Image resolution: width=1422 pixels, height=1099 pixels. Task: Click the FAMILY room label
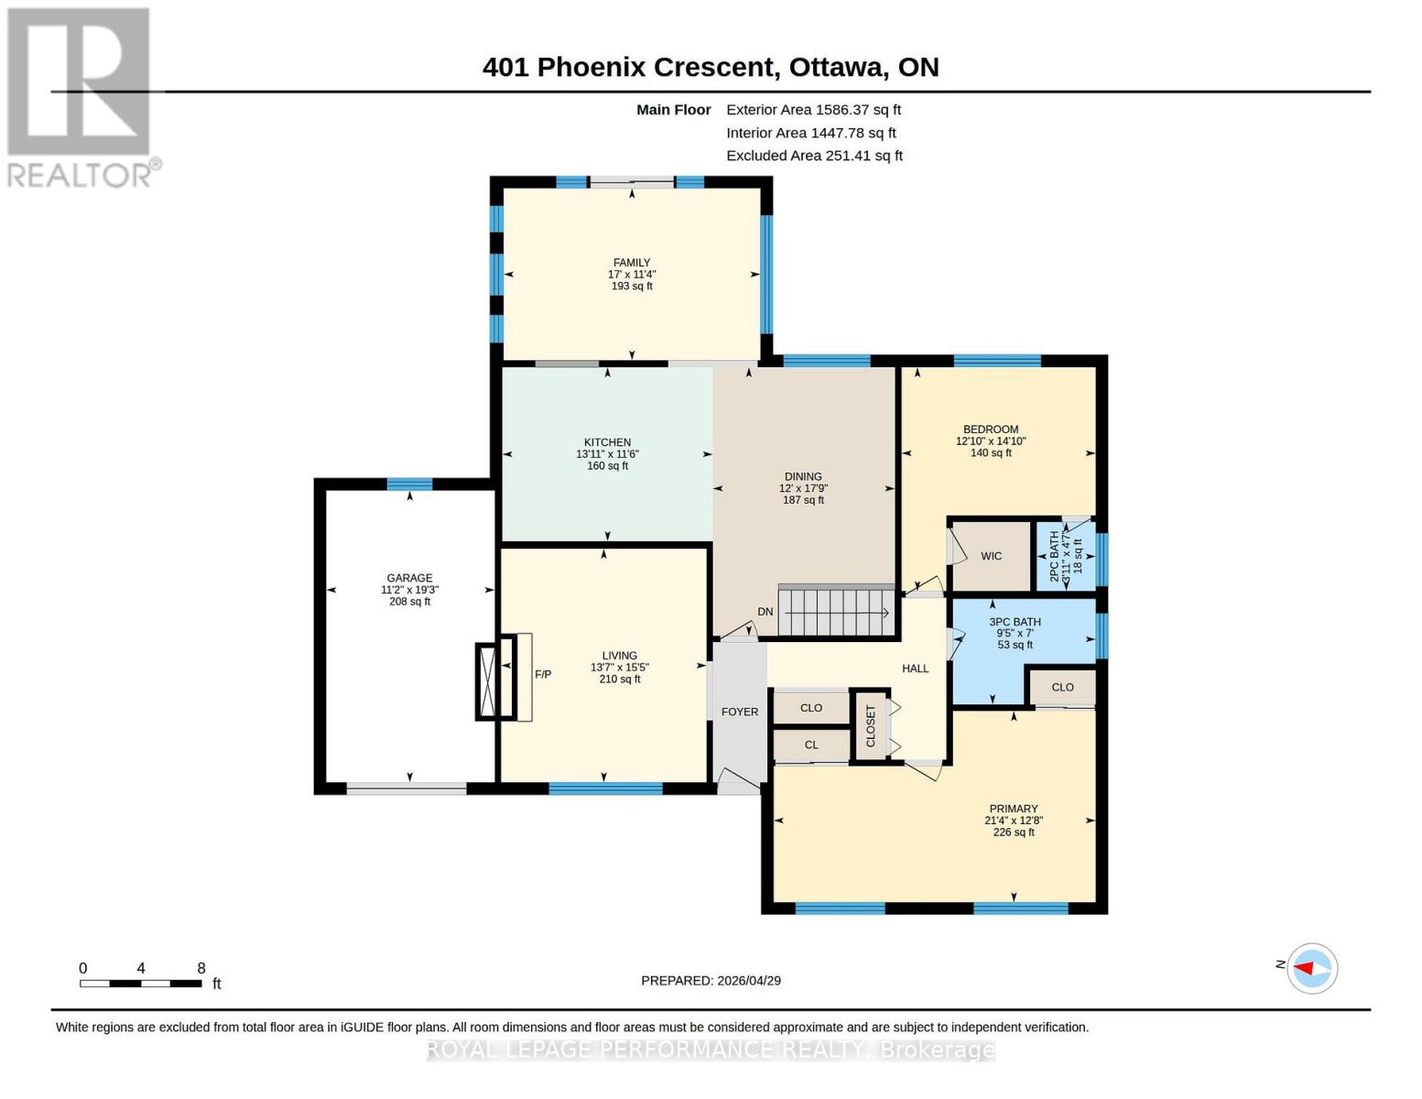click(632, 263)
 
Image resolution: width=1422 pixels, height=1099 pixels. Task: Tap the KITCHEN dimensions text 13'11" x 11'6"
click(607, 454)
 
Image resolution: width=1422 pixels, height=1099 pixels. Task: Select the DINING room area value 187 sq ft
click(803, 500)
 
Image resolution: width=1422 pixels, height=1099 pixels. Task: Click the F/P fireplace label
click(543, 675)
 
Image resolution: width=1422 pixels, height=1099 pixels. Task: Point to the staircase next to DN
click(835, 612)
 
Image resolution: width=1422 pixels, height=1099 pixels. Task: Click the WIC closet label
click(991, 556)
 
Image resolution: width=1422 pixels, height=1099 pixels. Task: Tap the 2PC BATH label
click(1055, 556)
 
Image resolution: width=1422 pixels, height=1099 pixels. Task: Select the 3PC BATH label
click(1015, 622)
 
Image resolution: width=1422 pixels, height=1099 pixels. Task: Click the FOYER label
click(740, 712)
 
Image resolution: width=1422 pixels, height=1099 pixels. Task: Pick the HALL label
click(915, 669)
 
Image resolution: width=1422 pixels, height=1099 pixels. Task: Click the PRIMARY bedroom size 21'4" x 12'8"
click(1013, 821)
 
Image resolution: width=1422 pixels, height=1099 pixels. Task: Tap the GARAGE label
click(409, 578)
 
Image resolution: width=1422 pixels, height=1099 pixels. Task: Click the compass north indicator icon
click(1311, 968)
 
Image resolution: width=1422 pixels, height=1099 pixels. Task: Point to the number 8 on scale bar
click(201, 968)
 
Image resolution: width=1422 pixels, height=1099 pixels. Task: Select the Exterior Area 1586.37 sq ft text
click(813, 110)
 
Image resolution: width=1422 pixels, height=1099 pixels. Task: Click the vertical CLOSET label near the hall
click(871, 725)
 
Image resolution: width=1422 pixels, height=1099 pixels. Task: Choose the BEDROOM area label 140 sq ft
click(991, 453)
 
